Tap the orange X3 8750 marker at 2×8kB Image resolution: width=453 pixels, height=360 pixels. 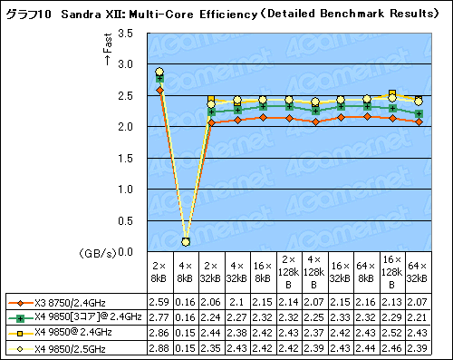(159, 91)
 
